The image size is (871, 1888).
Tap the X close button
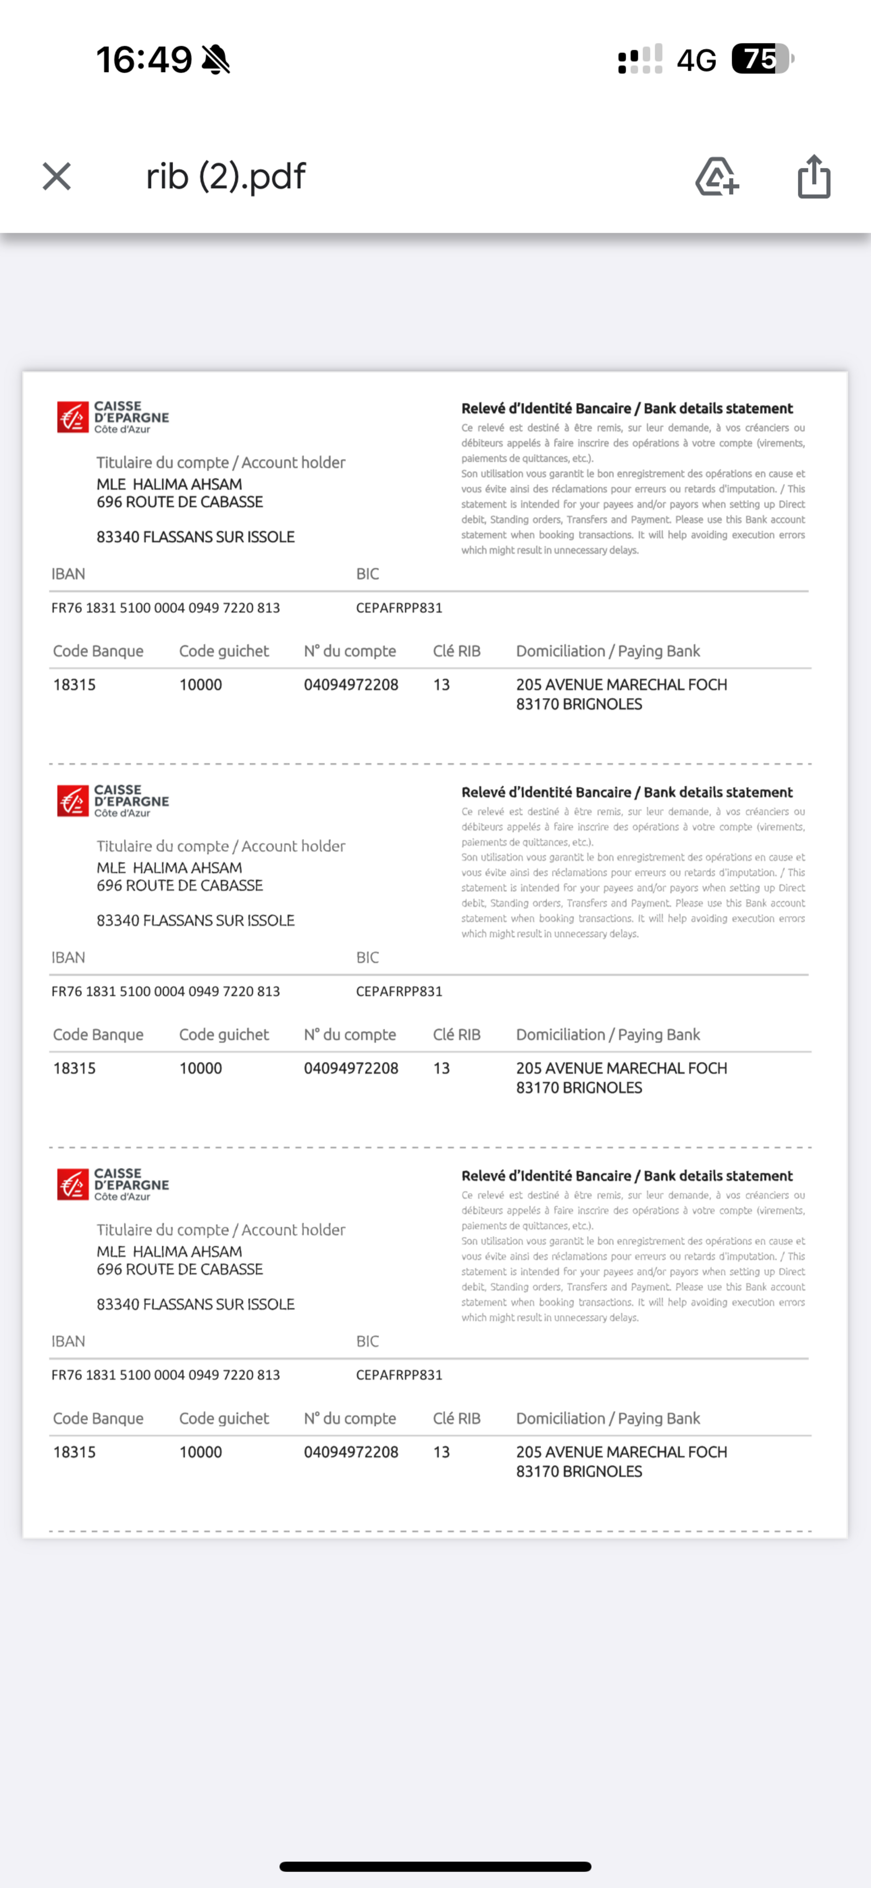(x=57, y=177)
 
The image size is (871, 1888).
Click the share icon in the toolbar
(x=814, y=177)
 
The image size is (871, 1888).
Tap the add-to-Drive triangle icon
(x=716, y=177)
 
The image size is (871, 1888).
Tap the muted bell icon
(x=216, y=59)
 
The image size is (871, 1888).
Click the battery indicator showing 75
(x=763, y=59)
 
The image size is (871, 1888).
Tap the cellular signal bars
(x=640, y=59)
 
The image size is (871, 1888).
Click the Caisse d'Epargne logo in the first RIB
(x=113, y=417)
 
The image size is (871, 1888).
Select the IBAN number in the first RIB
(x=165, y=608)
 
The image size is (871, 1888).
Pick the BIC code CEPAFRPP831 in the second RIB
(x=399, y=991)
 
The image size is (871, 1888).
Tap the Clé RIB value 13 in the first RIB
(x=441, y=685)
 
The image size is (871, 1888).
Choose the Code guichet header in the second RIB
(x=223, y=1034)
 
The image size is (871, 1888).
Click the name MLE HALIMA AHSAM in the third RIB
(x=169, y=1251)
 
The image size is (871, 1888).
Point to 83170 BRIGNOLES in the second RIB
(x=579, y=1088)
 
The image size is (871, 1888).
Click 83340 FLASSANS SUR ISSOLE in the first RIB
(x=196, y=537)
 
